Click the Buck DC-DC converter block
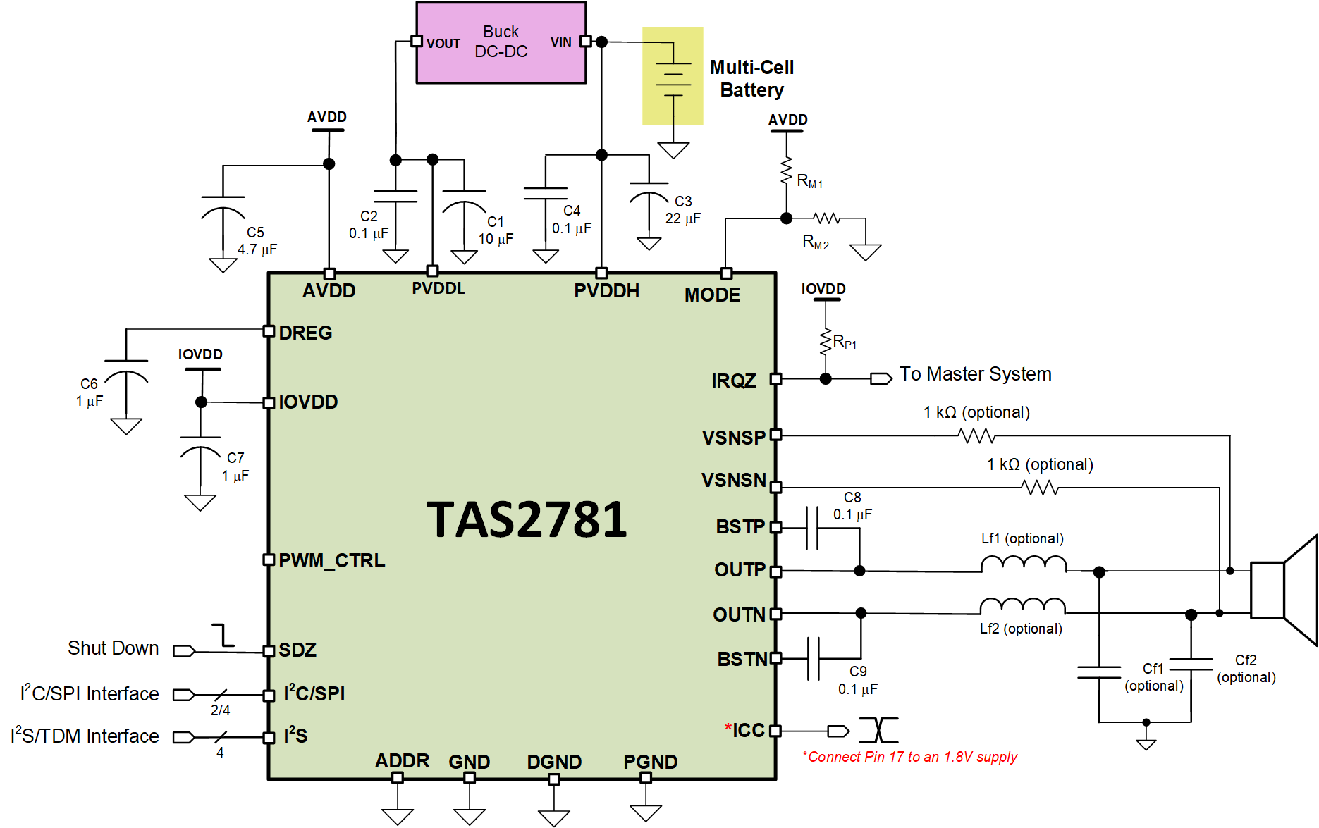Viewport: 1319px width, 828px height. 501,42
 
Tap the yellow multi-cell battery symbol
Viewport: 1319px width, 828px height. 673,75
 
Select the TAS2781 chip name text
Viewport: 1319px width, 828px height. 527,520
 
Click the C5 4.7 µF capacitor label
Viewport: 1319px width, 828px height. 257,241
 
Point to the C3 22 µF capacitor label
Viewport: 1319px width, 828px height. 682,210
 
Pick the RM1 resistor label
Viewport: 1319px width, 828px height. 809,181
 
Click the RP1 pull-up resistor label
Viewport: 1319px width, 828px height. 844,342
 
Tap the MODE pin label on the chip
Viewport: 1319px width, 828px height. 712,295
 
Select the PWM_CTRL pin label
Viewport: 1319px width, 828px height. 331,560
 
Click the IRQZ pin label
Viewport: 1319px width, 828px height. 733,381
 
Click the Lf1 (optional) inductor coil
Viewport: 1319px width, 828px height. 1024,563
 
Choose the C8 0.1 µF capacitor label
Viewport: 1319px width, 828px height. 852,506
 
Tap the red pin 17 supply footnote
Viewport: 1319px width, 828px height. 909,757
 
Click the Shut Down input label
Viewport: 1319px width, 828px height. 113,648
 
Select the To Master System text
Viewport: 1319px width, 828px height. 975,374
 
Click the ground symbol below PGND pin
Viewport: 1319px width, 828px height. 645,812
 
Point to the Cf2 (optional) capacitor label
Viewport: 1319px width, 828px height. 1246,668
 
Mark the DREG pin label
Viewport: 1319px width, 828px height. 305,333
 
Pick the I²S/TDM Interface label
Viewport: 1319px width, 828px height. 85,736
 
